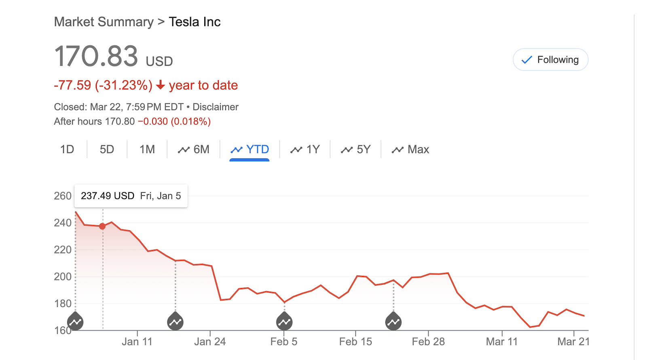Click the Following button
(550, 60)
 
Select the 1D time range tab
(67, 150)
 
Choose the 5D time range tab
(107, 150)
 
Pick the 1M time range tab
(147, 150)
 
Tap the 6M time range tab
(194, 150)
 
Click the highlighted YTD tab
(249, 150)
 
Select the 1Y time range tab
(305, 150)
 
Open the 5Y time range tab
(355, 150)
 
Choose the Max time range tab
(410, 150)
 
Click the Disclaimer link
(215, 107)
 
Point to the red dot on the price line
(103, 227)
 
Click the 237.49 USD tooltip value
(108, 196)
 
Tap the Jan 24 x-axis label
(210, 342)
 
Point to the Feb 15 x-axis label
(355, 342)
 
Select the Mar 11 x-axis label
(501, 342)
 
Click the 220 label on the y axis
(63, 250)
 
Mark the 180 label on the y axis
(63, 304)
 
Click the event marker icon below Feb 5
(284, 322)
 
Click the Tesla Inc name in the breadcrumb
(195, 22)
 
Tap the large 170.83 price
(96, 57)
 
